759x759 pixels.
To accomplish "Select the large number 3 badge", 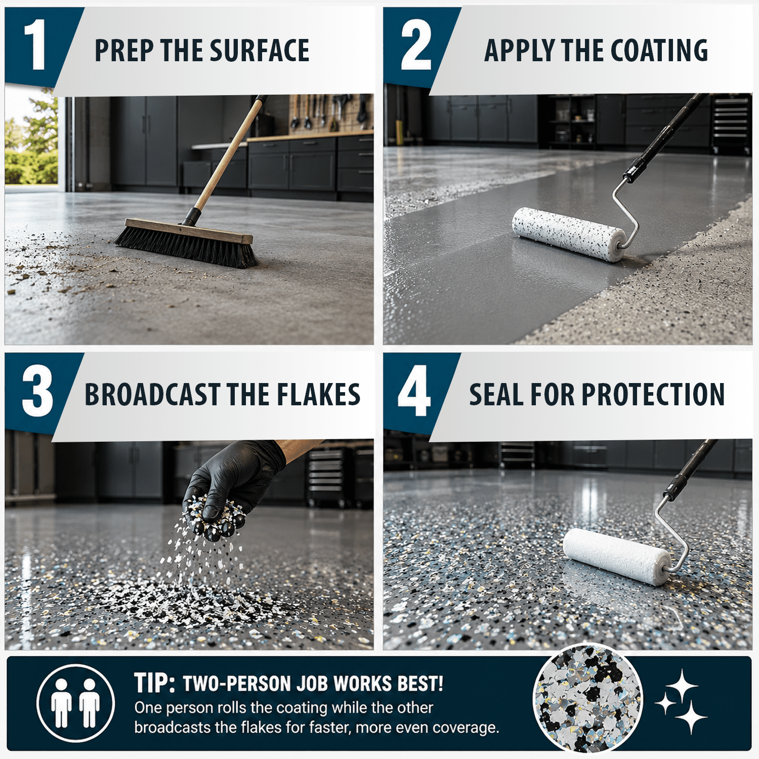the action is coord(37,392).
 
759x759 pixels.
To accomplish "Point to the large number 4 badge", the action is coord(414,392).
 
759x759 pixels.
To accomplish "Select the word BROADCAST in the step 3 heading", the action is coord(152,395).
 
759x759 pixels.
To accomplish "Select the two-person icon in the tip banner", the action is coord(76,703).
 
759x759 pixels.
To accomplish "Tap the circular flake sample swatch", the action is coord(588,699).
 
